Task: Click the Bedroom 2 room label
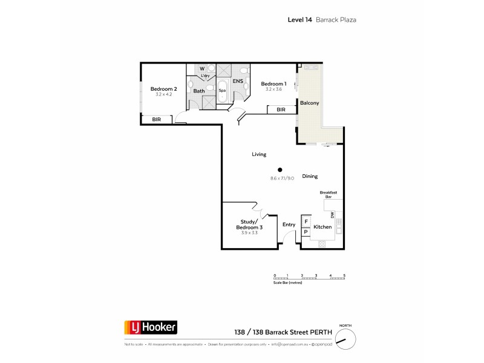[163, 89]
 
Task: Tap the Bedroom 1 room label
[273, 83]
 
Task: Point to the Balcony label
[309, 103]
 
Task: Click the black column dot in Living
[280, 170]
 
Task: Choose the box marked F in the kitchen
[306, 221]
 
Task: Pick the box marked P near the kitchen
[306, 231]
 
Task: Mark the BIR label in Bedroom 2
[157, 120]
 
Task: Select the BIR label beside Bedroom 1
[281, 110]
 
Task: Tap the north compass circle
[344, 341]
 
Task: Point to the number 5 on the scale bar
[344, 275]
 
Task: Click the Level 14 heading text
[299, 20]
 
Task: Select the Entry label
[289, 224]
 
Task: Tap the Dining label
[310, 176]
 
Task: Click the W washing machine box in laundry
[202, 69]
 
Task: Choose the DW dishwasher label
[332, 215]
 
